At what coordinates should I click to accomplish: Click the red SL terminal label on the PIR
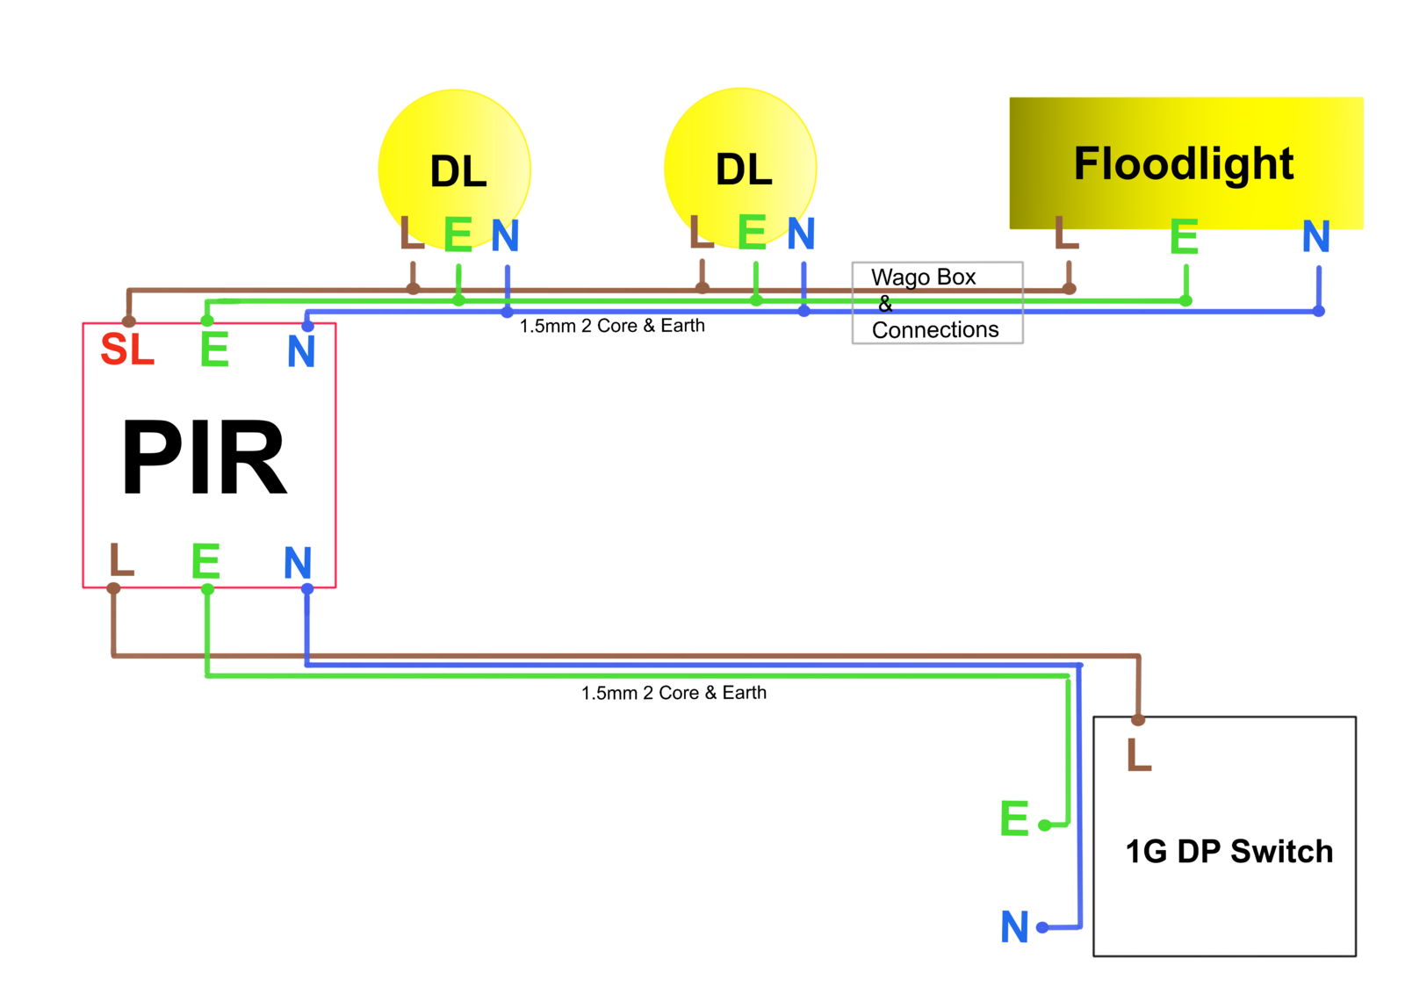pyautogui.click(x=127, y=349)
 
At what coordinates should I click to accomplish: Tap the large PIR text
pyautogui.click(x=204, y=457)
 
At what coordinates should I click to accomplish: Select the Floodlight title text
pyautogui.click(x=1184, y=164)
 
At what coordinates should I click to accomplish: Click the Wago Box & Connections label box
pyautogui.click(x=936, y=303)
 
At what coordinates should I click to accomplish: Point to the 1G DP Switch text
pyautogui.click(x=1228, y=851)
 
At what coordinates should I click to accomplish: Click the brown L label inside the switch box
pyautogui.click(x=1139, y=755)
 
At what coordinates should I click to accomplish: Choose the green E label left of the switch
pyautogui.click(x=1014, y=818)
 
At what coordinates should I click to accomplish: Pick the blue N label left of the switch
pyautogui.click(x=1015, y=927)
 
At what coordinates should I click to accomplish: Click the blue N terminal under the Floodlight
pyautogui.click(x=1315, y=237)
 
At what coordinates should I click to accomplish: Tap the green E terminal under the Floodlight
pyautogui.click(x=1184, y=237)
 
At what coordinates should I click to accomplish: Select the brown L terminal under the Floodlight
pyautogui.click(x=1066, y=233)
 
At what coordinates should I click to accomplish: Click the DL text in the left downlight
pyautogui.click(x=458, y=171)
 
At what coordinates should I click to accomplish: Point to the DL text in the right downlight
pyautogui.click(x=744, y=169)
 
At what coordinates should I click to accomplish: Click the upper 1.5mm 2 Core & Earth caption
pyautogui.click(x=612, y=326)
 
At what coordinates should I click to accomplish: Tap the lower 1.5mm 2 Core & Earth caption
pyautogui.click(x=674, y=693)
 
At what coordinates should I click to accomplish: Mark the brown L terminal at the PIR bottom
pyautogui.click(x=121, y=559)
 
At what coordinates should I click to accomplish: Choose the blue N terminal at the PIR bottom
pyautogui.click(x=298, y=563)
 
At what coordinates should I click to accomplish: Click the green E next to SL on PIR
pyautogui.click(x=214, y=349)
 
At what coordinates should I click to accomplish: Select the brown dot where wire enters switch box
pyautogui.click(x=1138, y=720)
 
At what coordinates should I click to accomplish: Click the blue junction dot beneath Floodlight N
pyautogui.click(x=1318, y=311)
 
